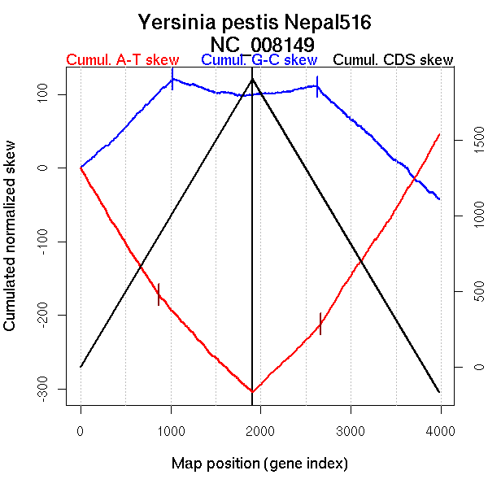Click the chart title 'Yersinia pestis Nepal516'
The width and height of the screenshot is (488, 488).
(255, 22)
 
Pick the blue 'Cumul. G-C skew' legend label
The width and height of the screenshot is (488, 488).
(259, 60)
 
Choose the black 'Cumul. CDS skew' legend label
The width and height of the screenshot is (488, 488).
(394, 60)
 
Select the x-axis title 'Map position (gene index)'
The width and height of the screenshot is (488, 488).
(259, 464)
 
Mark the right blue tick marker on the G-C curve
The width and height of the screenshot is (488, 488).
(317, 85)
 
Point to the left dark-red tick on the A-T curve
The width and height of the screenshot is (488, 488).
(159, 294)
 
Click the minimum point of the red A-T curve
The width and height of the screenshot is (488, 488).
(252, 392)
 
